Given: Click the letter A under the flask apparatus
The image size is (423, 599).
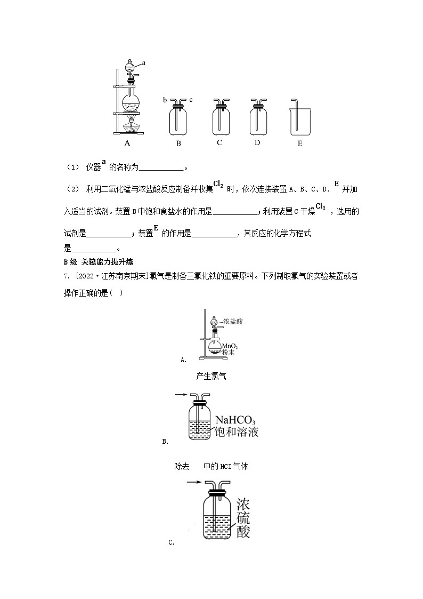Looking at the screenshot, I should click(x=127, y=143).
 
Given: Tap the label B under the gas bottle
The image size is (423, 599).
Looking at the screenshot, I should click(x=179, y=143).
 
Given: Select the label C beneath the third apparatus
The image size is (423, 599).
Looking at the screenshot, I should click(x=219, y=142).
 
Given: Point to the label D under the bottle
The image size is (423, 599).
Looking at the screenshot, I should click(x=257, y=142).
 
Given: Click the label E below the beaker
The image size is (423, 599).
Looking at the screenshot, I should click(x=300, y=143).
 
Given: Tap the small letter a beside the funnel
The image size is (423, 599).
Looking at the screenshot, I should click(x=144, y=62).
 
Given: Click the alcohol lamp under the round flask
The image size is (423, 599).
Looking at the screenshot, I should click(x=129, y=127).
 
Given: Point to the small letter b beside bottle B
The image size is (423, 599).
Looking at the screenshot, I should click(x=165, y=100).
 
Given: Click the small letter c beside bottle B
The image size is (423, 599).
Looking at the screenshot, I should click(x=191, y=100).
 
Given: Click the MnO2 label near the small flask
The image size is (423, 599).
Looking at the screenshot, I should click(x=229, y=346).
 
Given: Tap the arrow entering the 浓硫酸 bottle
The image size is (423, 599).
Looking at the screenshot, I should click(x=193, y=482).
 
